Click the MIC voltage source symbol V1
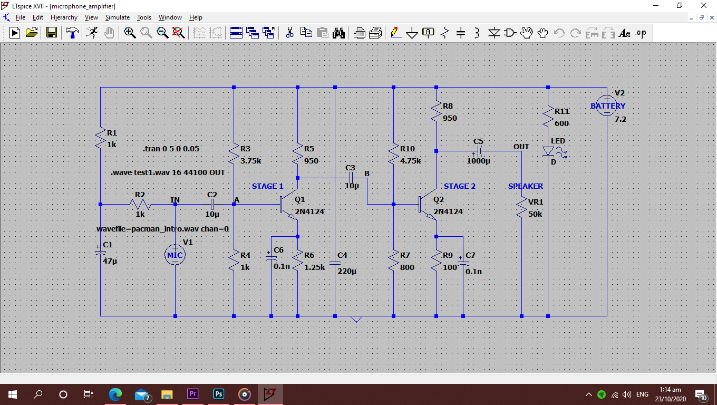pyautogui.click(x=175, y=255)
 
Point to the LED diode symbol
pyautogui.click(x=548, y=151)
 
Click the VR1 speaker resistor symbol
pyautogui.click(x=521, y=207)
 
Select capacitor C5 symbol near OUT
pyautogui.click(x=479, y=151)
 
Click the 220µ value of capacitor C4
pyautogui.click(x=347, y=271)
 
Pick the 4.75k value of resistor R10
pyautogui.click(x=410, y=161)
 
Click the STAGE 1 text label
pyautogui.click(x=267, y=186)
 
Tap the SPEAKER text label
pyautogui.click(x=525, y=186)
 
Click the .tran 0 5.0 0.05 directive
pyautogui.click(x=171, y=149)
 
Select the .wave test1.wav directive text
pyautogui.click(x=168, y=172)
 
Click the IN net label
pyautogui.click(x=175, y=199)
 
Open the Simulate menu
pyautogui.click(x=117, y=17)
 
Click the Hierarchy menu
pyautogui.click(x=64, y=17)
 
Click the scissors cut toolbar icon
pyautogui.click(x=289, y=33)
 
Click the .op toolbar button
pyautogui.click(x=641, y=33)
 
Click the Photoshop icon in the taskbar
pyautogui.click(x=218, y=394)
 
